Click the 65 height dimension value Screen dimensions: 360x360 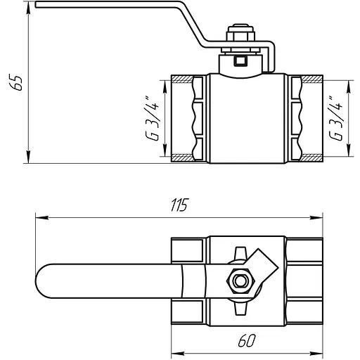point(15,82)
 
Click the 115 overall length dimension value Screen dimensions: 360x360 point(179,205)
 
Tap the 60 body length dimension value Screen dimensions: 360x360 point(246,340)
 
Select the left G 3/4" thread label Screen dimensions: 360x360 point(152,118)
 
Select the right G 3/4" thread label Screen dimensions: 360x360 point(335,118)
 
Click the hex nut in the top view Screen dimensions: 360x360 point(240,281)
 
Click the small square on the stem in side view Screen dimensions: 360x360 point(240,61)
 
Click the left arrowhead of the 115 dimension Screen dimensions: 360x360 point(41,218)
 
